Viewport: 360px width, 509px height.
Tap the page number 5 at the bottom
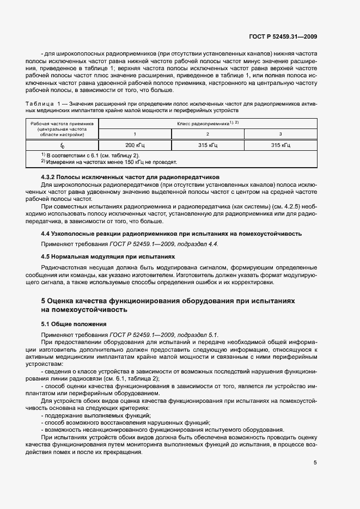coord(315,463)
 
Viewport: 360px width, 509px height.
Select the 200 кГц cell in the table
coord(135,145)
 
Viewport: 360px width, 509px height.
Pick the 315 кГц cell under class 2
coord(208,145)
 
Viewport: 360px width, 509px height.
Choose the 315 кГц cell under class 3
coord(280,145)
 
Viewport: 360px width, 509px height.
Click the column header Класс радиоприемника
coord(208,124)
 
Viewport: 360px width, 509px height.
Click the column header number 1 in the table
coord(135,134)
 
